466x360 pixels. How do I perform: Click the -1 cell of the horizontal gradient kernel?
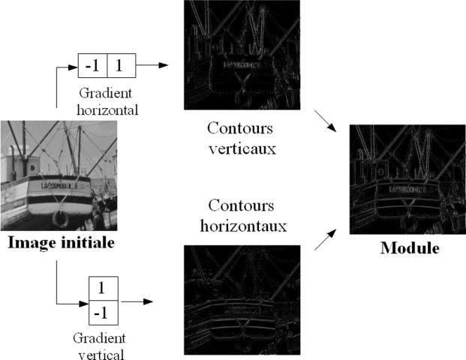point(94,66)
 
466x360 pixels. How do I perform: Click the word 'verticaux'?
point(239,148)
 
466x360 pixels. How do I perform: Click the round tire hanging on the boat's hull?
point(60,219)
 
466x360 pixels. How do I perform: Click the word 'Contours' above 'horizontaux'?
point(239,205)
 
